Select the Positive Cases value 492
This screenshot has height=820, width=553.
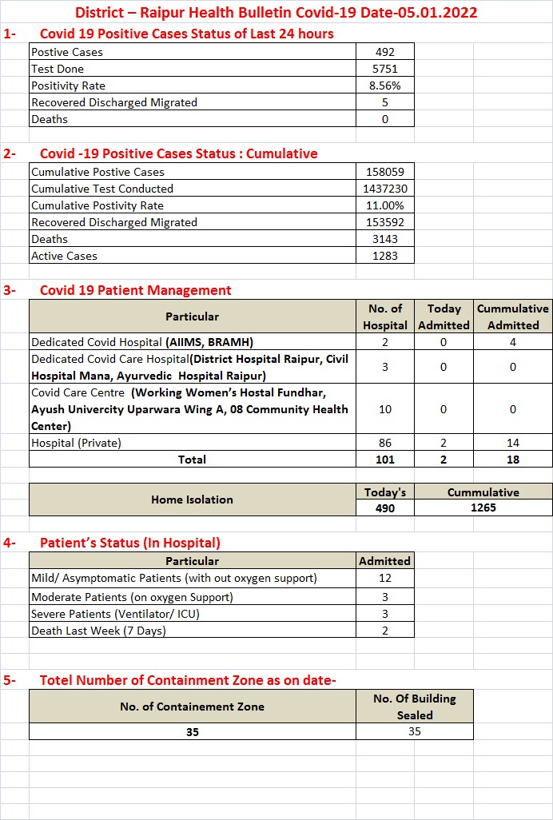pyautogui.click(x=385, y=52)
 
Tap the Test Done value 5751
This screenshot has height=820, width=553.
pyautogui.click(x=385, y=69)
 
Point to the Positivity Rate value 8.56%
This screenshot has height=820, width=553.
pyautogui.click(x=385, y=86)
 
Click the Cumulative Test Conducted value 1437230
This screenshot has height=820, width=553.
pyautogui.click(x=385, y=189)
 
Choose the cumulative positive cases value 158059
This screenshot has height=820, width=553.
pyautogui.click(x=385, y=172)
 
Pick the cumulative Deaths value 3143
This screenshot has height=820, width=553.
pyautogui.click(x=385, y=239)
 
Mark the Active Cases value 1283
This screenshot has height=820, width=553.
pyautogui.click(x=385, y=256)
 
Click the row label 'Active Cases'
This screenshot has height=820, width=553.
pyautogui.click(x=65, y=256)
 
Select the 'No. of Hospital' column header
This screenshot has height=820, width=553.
pyautogui.click(x=385, y=316)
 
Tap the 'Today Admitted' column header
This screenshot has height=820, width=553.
pyautogui.click(x=444, y=316)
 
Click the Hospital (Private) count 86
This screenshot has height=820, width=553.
pyautogui.click(x=385, y=442)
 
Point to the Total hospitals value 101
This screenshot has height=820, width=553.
pyautogui.click(x=385, y=460)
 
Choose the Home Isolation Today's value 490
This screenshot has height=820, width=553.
pyautogui.click(x=385, y=508)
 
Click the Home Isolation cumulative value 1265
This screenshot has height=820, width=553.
pyautogui.click(x=483, y=508)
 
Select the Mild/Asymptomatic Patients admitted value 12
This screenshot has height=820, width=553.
pyautogui.click(x=385, y=578)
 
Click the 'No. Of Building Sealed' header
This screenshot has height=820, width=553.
pyautogui.click(x=414, y=707)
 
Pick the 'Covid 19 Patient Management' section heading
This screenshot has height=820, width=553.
pyautogui.click(x=136, y=290)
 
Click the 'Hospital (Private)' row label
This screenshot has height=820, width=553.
pyautogui.click(x=76, y=442)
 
